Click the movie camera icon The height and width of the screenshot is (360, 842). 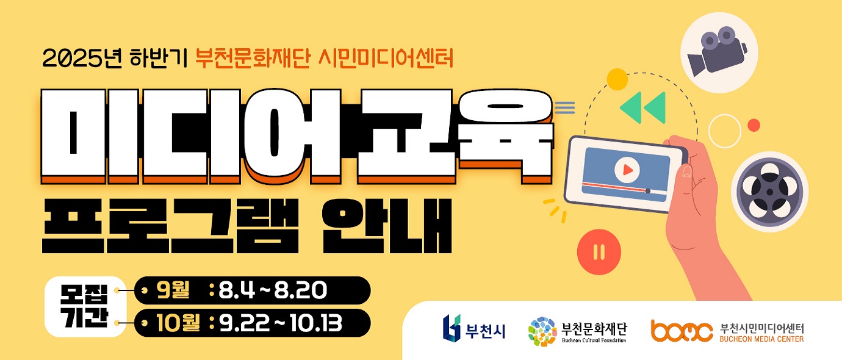(717, 51)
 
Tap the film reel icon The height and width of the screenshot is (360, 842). (769, 193)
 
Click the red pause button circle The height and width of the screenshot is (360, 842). (599, 252)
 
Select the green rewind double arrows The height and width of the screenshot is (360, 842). (642, 107)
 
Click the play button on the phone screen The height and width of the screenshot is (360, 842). (627, 170)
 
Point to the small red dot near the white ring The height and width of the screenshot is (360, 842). (754, 125)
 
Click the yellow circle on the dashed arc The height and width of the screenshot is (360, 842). (617, 79)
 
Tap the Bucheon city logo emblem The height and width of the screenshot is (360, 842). (451, 328)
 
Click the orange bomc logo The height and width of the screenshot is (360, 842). (682, 331)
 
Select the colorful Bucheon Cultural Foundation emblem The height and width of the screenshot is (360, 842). (542, 331)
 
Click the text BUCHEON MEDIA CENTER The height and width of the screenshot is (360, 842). (761, 339)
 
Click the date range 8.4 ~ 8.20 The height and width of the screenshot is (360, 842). (273, 290)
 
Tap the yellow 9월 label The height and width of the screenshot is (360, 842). (173, 290)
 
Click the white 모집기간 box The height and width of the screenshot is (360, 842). (85, 306)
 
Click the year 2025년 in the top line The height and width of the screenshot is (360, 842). (82, 59)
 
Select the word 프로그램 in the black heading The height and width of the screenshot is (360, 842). (170, 226)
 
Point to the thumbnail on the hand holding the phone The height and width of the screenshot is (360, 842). (686, 173)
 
